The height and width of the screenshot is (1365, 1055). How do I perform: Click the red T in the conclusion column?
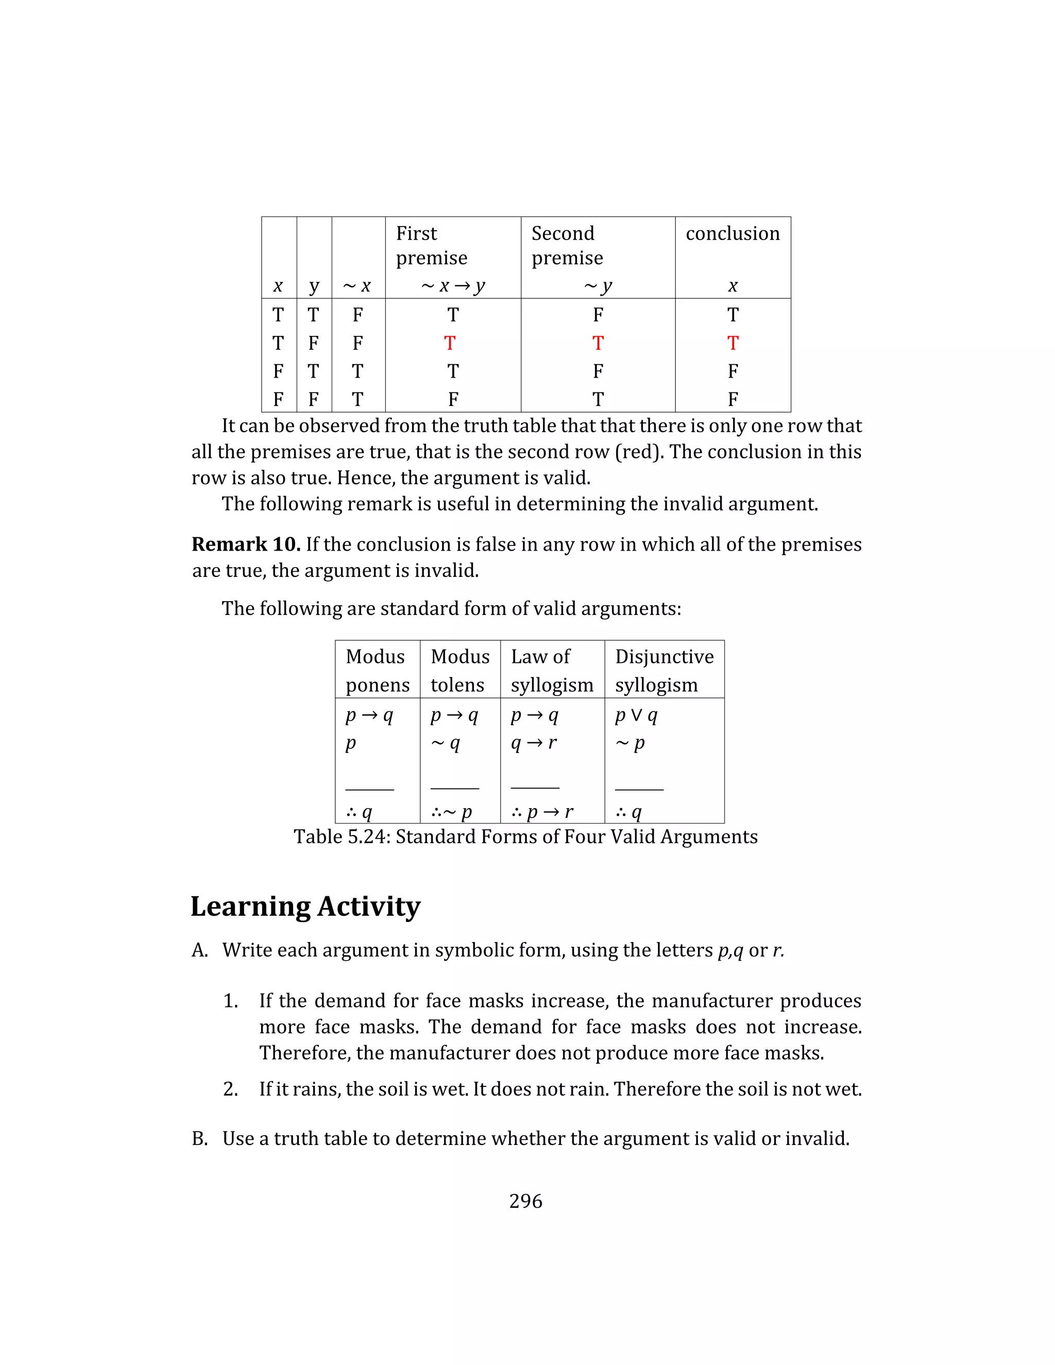[733, 343]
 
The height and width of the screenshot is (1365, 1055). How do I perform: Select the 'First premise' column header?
[431, 245]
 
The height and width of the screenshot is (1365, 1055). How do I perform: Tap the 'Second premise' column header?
[567, 245]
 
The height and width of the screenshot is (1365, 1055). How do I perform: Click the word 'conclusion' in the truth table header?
[733, 233]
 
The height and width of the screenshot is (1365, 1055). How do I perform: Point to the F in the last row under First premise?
[453, 399]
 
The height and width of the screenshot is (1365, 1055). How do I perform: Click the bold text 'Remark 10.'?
[246, 544]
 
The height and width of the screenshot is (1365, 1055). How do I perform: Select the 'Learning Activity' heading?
[305, 906]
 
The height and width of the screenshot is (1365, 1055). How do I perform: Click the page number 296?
[525, 1201]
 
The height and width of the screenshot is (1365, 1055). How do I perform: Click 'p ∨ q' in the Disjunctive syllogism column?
[636, 715]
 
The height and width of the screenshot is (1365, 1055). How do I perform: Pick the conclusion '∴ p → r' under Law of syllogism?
[542, 812]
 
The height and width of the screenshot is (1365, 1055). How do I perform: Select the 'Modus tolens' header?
[460, 670]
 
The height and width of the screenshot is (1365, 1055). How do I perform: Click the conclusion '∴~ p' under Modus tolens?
[451, 812]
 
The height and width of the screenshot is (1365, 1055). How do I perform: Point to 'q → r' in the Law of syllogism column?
[533, 743]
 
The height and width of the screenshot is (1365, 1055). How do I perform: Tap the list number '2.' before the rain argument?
[231, 1089]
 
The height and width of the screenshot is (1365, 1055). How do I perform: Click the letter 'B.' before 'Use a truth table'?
[200, 1138]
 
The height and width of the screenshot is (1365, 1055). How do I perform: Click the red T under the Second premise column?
[598, 343]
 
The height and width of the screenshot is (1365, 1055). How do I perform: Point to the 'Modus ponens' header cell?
[377, 670]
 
